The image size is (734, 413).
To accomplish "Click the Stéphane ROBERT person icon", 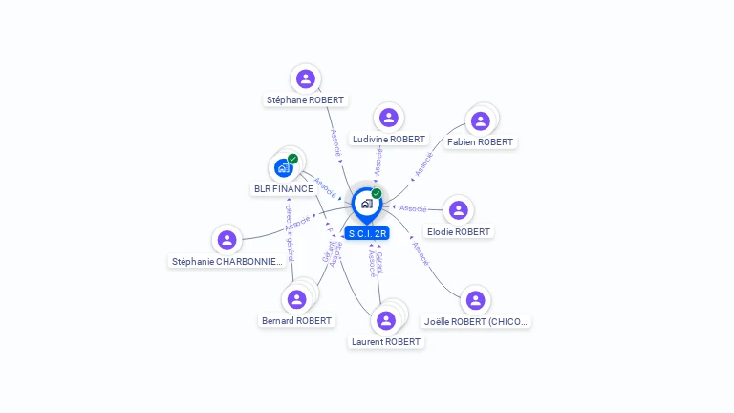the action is point(305,78).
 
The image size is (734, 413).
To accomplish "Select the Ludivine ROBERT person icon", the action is point(388,118).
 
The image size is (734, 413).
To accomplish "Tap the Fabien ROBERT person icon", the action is point(480,120).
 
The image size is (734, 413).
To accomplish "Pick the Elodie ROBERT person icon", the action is point(459,210).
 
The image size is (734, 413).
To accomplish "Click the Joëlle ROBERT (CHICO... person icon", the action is point(475,300).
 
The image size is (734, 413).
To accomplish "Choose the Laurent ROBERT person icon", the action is point(385,320).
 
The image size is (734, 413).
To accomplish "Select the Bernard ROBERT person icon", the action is point(296,299).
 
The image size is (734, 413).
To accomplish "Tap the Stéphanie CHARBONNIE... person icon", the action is point(227,240).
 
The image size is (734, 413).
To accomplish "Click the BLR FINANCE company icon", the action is point(283,168).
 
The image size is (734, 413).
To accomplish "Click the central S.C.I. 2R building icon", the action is point(366,203).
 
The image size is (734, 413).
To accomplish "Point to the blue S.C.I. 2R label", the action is point(367,233).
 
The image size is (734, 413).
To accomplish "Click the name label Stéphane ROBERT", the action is point(305,99).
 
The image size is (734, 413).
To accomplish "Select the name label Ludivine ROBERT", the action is point(389,139).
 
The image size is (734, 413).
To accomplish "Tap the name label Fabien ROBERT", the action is point(480,141).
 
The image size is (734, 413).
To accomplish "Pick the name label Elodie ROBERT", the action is point(459,231).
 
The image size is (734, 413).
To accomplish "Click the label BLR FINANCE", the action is point(283,188).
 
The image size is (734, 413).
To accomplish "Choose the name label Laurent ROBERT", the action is point(386,341).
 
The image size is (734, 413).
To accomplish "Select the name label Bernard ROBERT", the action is point(297,320).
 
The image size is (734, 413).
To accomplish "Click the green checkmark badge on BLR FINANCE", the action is point(292,159).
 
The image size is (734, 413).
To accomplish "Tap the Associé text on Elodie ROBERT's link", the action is point(413,207).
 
